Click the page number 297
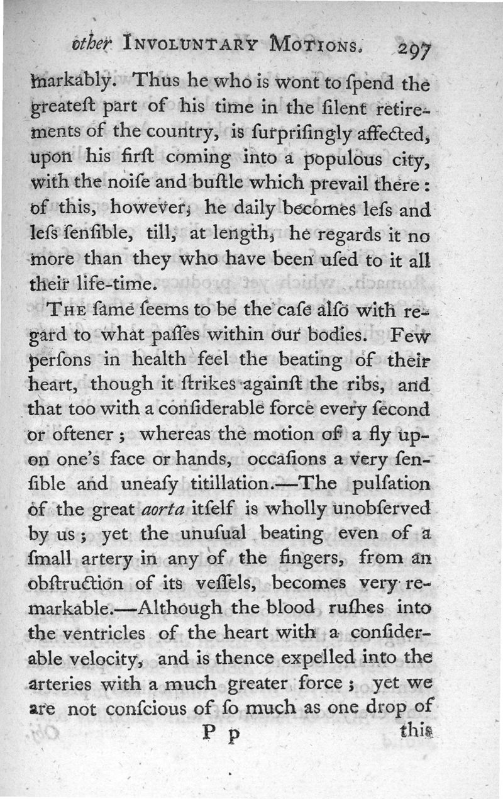(412, 50)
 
